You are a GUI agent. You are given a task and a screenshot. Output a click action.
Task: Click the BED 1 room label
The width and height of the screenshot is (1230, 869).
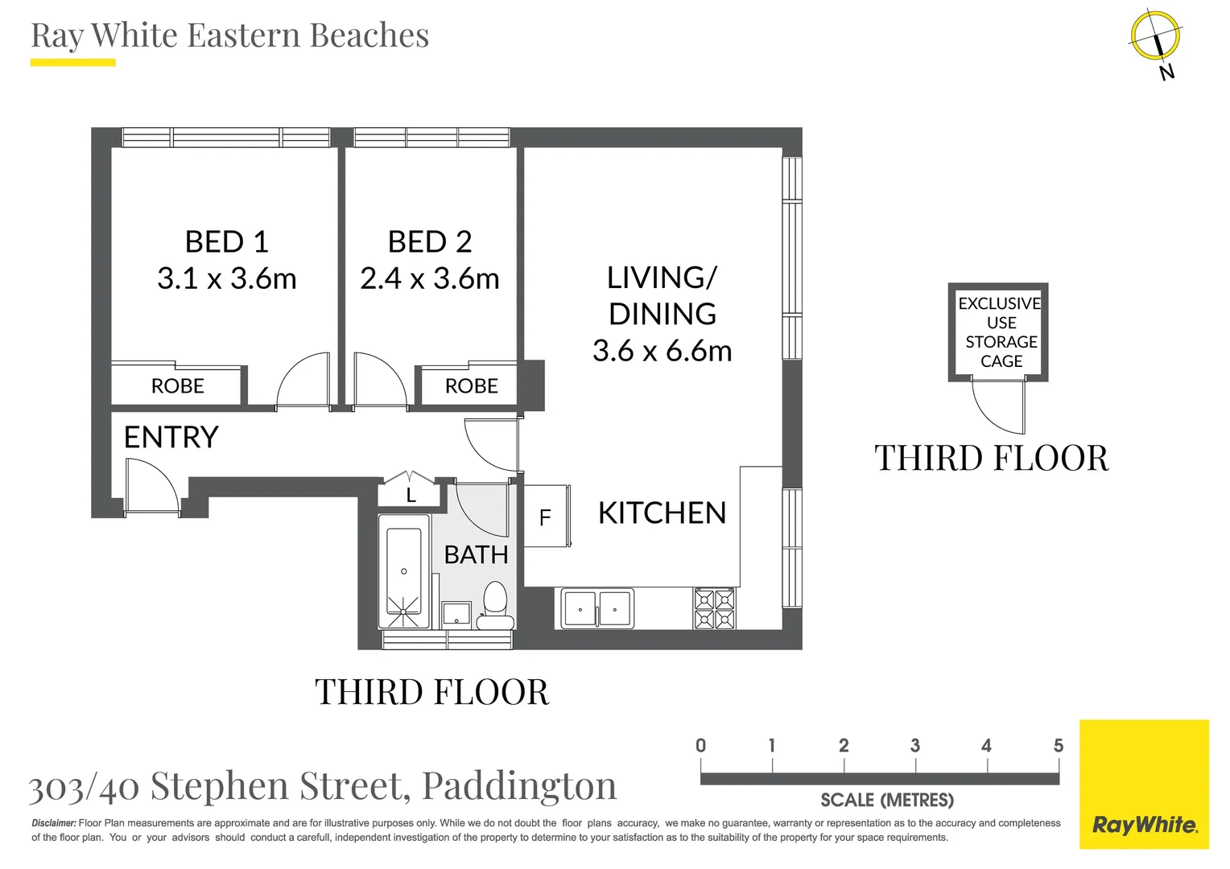(227, 241)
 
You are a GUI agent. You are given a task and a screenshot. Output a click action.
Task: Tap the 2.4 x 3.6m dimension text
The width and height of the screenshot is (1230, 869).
(429, 278)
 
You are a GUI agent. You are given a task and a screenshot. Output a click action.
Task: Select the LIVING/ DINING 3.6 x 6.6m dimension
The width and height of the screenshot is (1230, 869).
(662, 351)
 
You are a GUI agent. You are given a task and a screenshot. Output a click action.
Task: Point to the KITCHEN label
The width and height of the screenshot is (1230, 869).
(662, 513)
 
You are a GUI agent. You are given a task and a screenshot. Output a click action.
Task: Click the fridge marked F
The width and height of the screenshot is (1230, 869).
(547, 516)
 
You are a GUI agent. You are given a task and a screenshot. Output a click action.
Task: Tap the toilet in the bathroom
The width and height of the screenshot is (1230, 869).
(495, 606)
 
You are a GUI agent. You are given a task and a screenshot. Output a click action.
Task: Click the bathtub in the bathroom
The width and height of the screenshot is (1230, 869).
(403, 571)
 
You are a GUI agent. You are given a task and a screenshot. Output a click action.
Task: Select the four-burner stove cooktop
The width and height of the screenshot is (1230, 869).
(714, 608)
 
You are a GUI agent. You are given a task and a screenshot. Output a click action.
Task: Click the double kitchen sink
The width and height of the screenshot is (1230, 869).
(596, 608)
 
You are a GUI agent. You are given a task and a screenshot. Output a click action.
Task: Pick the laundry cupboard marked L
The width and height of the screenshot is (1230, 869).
(410, 492)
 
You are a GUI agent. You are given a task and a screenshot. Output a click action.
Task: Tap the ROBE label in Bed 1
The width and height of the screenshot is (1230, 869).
(177, 386)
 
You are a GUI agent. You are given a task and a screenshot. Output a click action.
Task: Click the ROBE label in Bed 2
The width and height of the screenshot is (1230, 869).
(471, 386)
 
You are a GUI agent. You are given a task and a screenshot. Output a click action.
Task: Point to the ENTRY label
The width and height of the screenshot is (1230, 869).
(171, 437)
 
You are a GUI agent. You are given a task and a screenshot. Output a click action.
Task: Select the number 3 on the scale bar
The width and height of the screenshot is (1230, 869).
(914, 745)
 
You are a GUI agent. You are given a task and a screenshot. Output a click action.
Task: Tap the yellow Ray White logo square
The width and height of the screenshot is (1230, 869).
(1145, 785)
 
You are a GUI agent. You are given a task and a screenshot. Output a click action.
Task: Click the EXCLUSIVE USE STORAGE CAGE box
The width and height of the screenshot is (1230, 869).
(998, 332)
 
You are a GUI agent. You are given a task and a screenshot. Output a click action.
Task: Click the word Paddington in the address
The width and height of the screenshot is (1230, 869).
(519, 787)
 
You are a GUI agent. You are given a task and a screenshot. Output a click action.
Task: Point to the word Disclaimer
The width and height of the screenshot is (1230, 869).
(54, 823)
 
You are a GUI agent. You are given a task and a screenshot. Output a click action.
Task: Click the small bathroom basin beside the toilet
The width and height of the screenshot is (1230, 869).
(457, 614)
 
